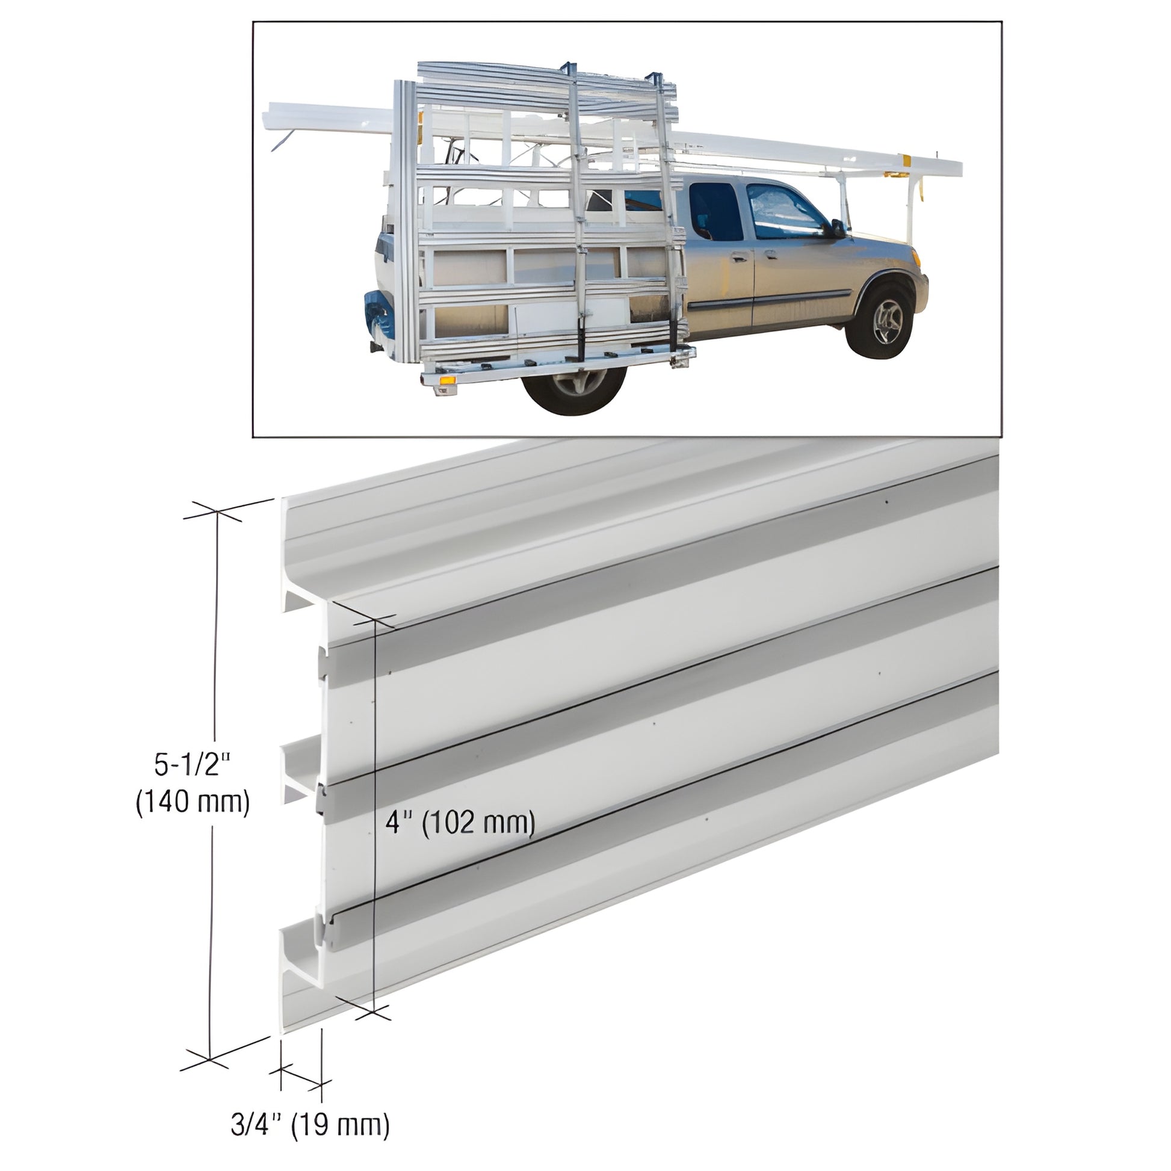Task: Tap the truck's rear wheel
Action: pos(575,387)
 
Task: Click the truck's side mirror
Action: pos(837,229)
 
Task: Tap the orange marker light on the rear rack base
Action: pos(448,380)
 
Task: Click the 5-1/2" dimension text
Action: pos(193,765)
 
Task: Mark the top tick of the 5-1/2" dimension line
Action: pos(216,513)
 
